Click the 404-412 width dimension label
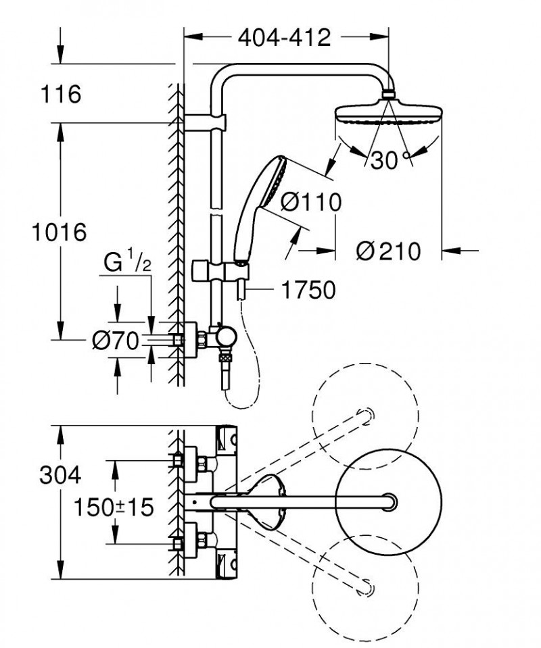284,38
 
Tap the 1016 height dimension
60,232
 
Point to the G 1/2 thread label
126,262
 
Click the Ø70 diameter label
115,341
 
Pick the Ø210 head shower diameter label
388,251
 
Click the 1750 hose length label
308,291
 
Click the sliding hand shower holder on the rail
215,270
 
